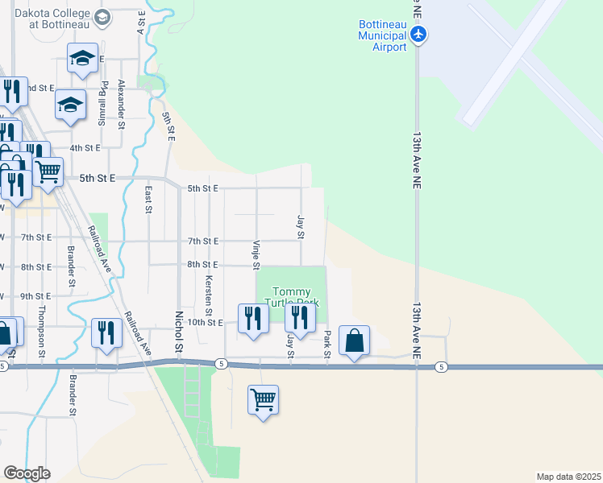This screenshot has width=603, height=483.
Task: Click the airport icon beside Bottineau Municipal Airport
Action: click(x=418, y=34)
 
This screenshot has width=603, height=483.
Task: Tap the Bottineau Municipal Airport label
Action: click(x=382, y=36)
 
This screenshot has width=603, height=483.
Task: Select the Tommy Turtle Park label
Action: click(x=296, y=296)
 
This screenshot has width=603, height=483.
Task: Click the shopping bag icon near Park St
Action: click(x=354, y=341)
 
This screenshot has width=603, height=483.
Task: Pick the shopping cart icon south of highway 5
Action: click(x=264, y=398)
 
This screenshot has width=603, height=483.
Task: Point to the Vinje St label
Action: click(x=256, y=254)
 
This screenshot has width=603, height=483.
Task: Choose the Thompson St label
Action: click(x=42, y=336)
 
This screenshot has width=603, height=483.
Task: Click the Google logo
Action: click(x=27, y=473)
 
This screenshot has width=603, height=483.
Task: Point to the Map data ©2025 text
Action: click(x=568, y=477)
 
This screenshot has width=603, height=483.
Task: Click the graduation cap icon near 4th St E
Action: click(x=70, y=104)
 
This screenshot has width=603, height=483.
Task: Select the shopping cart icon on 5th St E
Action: click(x=48, y=170)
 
